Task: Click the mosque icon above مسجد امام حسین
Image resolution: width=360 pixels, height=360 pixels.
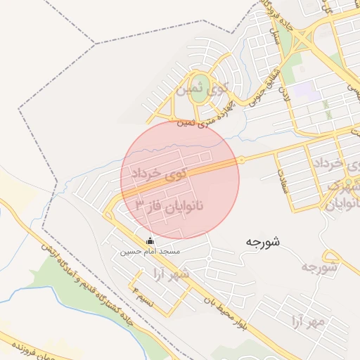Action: [x=149, y=241]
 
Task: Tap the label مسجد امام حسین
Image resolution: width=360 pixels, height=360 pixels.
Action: [x=150, y=251]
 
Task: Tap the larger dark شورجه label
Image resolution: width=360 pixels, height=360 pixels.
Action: [x=263, y=242]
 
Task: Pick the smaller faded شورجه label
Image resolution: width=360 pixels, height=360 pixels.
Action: [x=321, y=267]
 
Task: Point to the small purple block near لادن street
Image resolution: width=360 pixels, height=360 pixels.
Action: [x=303, y=90]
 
